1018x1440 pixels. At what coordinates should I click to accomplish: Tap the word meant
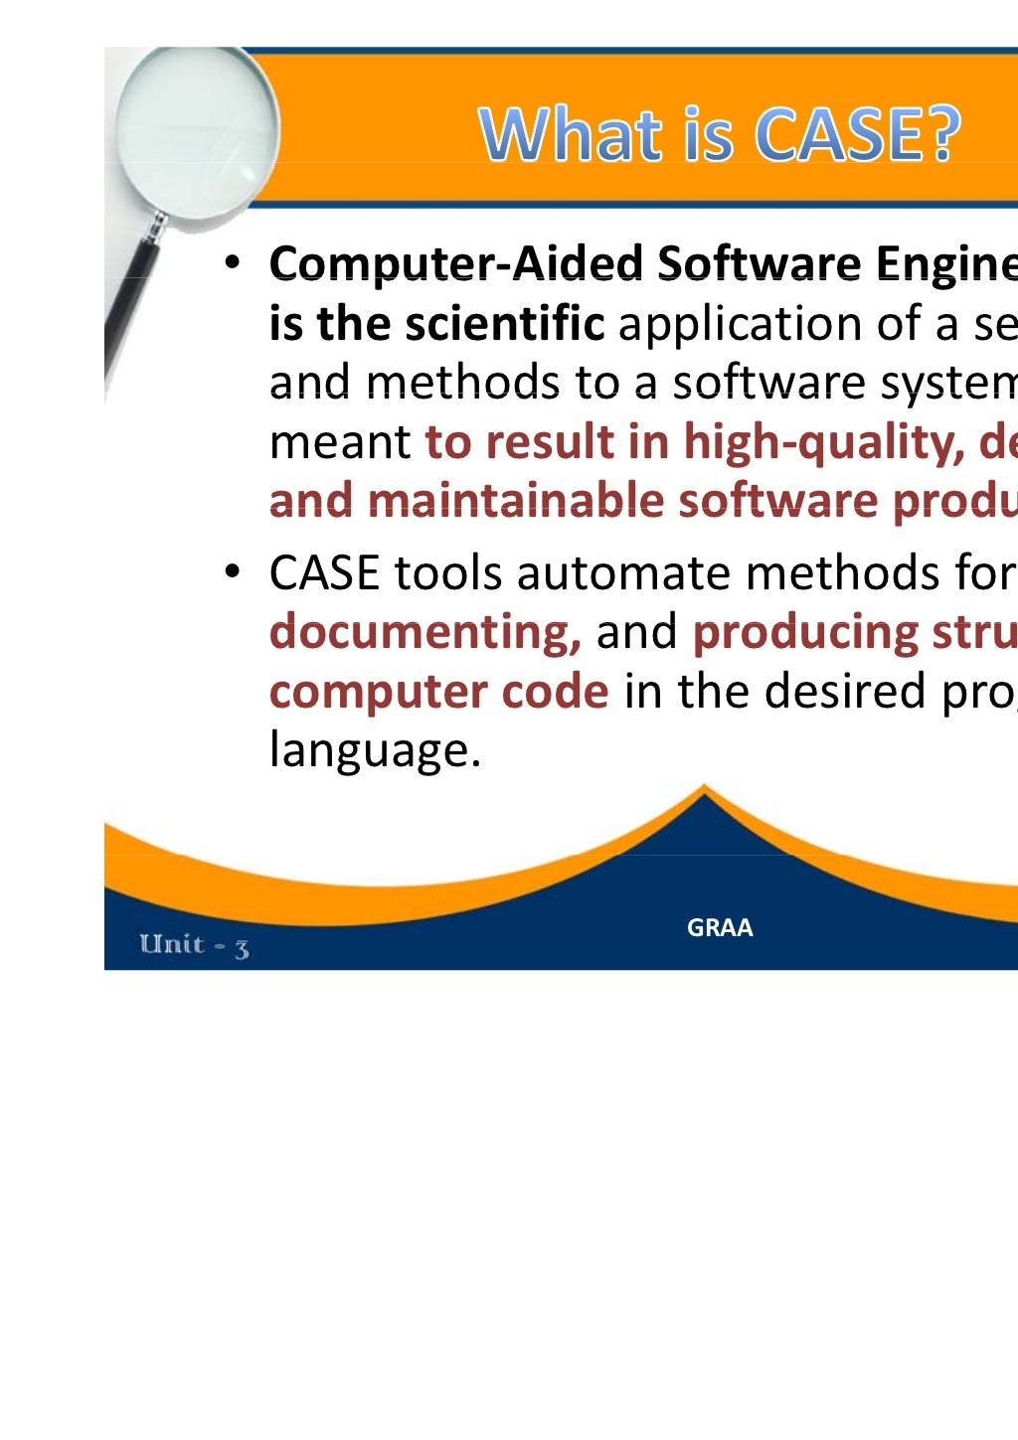pos(340,442)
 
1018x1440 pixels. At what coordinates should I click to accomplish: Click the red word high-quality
pos(824,442)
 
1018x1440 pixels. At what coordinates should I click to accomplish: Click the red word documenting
pos(424,633)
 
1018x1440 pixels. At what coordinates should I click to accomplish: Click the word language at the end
pos(374,750)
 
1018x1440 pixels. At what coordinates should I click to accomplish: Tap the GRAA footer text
pos(720,928)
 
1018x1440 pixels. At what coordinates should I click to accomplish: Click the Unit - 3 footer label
pos(194,945)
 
